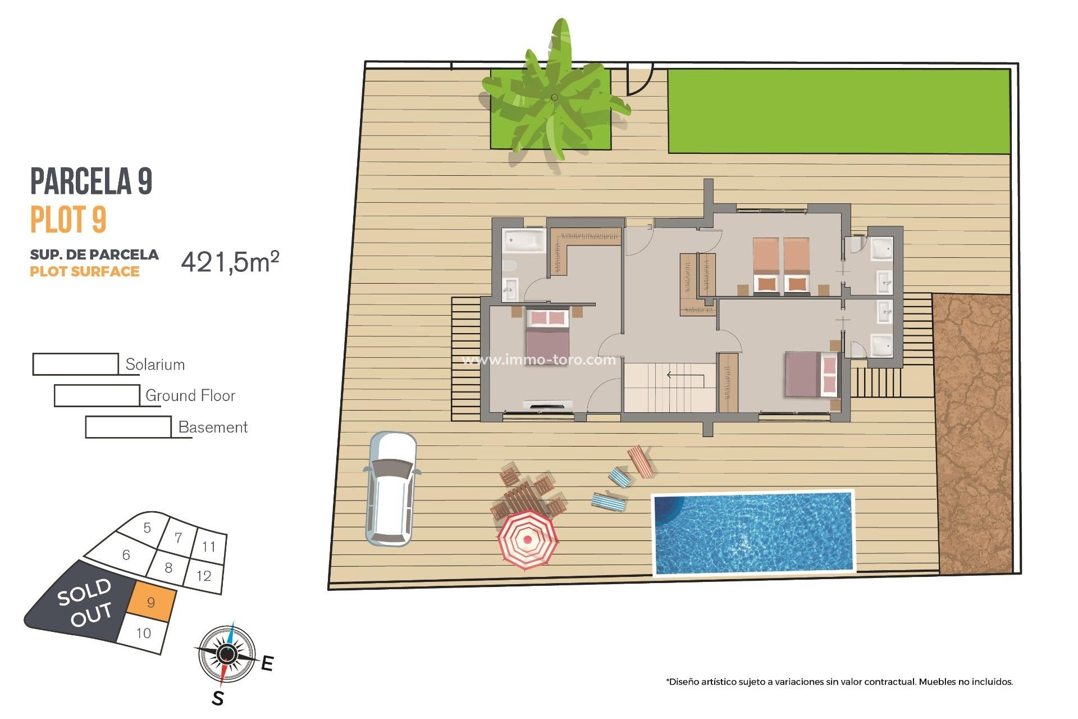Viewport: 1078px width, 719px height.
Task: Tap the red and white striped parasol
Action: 527,540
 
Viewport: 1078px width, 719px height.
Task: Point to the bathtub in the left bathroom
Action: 524,241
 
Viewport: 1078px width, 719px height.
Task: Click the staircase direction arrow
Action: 684,375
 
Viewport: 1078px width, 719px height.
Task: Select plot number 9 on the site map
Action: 151,603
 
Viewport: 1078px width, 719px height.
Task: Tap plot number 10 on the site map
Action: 143,633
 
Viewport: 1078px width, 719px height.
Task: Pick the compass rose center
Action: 226,654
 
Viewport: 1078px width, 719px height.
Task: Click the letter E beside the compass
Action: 267,663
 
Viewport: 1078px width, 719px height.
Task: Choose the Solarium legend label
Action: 155,365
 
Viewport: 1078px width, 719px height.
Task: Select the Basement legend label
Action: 213,427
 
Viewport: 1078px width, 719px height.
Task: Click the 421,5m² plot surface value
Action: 230,262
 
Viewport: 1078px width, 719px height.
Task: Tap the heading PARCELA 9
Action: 92,181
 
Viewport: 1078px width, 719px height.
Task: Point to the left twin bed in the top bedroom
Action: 766,265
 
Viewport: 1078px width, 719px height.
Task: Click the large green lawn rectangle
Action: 838,111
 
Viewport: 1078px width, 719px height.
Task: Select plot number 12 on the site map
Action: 203,576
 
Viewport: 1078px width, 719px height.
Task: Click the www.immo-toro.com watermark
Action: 538,360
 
